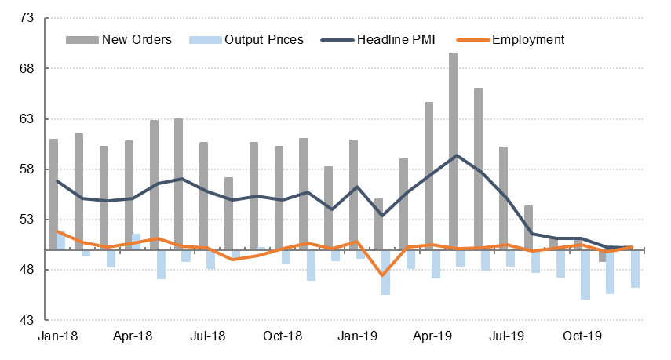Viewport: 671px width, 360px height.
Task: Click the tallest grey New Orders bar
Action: [454, 149]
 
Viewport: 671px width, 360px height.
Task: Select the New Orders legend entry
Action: [137, 39]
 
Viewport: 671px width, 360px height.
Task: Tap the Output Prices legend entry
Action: [264, 39]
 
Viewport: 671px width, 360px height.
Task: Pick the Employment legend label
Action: [527, 39]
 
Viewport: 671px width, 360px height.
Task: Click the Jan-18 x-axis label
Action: [58, 336]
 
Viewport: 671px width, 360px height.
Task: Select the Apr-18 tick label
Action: [133, 336]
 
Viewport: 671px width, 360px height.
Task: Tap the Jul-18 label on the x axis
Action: [208, 336]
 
